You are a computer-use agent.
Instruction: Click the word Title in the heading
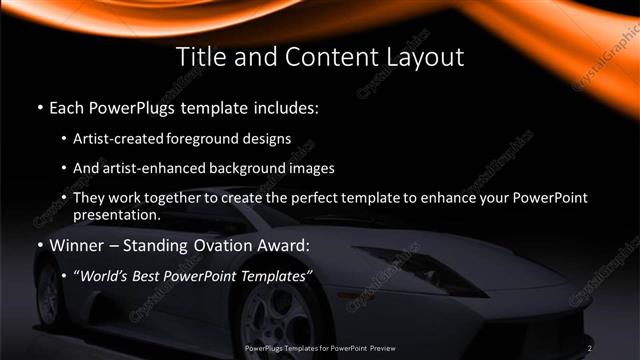[200, 55]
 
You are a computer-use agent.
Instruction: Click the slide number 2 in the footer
[590, 348]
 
